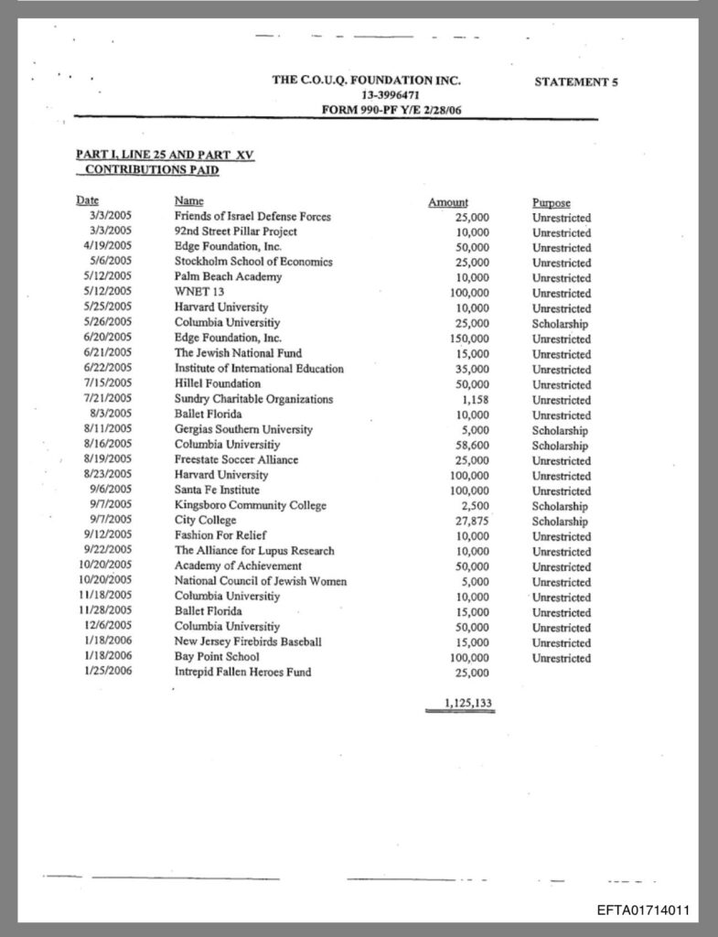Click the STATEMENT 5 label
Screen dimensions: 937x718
point(575,82)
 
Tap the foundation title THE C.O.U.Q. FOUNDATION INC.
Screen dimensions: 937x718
point(366,81)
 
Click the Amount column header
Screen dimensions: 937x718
point(448,202)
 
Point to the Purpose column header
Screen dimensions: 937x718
point(551,202)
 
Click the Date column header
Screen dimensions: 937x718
point(88,200)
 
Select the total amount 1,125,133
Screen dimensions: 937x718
point(460,703)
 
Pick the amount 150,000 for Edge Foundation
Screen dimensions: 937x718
point(471,339)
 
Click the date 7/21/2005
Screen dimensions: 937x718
point(108,399)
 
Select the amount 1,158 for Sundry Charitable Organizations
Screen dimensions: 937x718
point(477,400)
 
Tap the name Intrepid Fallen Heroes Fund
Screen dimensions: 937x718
point(242,673)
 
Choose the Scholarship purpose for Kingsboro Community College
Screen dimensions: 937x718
point(560,506)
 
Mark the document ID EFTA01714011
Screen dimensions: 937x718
point(641,911)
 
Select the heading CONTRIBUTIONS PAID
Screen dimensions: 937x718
point(152,170)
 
